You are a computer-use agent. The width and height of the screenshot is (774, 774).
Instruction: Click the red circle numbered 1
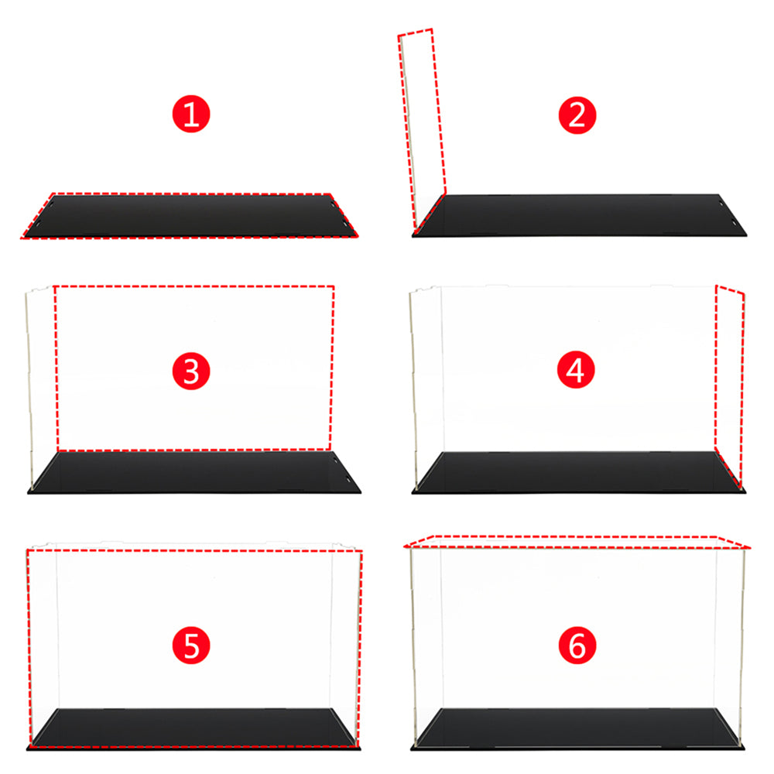191,114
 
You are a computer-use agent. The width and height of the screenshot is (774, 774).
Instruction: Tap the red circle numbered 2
577,115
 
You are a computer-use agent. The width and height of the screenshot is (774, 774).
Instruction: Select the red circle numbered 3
191,371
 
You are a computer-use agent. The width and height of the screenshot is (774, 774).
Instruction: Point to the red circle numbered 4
576,370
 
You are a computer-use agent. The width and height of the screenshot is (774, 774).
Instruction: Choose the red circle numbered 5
191,646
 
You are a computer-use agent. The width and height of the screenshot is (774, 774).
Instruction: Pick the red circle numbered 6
577,646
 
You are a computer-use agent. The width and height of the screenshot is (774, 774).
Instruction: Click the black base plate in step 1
190,216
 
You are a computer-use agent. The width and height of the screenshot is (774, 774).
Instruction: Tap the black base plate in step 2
580,216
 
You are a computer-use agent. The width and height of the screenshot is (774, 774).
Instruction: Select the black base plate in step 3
194,472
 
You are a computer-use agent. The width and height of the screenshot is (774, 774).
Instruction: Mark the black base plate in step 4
578,472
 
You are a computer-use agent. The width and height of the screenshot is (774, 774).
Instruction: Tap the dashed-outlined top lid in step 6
577,542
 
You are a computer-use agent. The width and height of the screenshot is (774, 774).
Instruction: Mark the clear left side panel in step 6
426,642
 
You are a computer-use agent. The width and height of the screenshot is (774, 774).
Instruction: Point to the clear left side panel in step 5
43,646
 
